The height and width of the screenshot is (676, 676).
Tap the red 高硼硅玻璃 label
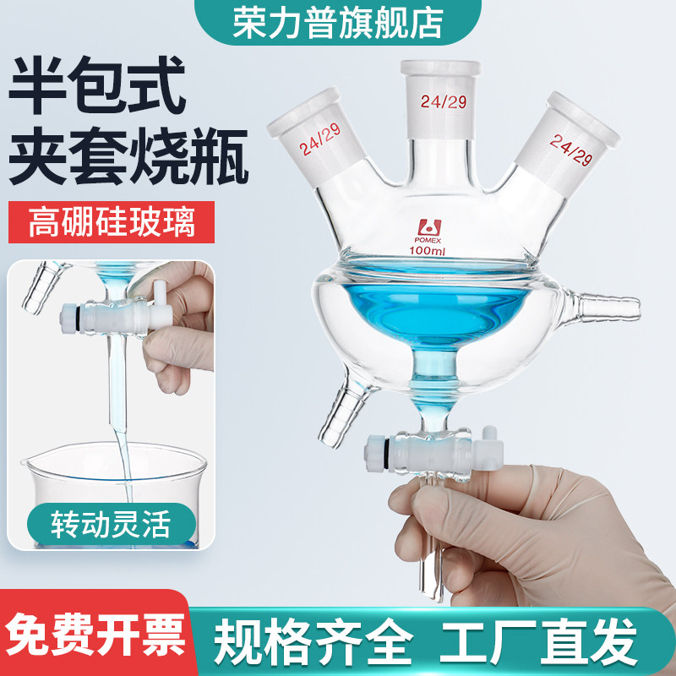coord(112,224)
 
